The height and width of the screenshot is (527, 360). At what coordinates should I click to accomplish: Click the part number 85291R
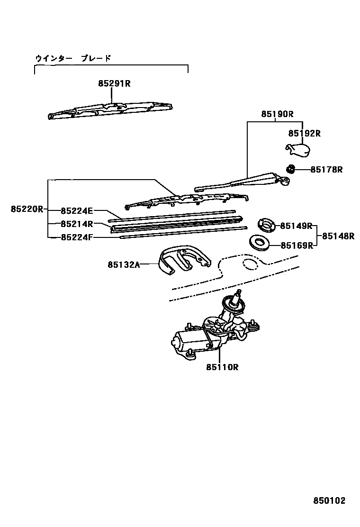tap(114, 83)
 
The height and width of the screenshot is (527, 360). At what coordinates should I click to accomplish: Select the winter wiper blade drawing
tap(111, 109)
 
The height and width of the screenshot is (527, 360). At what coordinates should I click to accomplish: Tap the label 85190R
tap(278, 114)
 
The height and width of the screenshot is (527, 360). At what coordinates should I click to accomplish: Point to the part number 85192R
tap(305, 134)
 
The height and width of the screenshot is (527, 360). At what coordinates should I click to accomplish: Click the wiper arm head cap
tap(297, 150)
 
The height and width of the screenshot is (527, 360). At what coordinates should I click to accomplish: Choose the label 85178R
tap(326, 169)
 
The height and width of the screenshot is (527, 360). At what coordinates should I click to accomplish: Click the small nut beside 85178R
tap(291, 168)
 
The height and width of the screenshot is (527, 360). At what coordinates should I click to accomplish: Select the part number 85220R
tap(27, 209)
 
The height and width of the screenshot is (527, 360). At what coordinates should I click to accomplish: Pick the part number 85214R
tap(77, 224)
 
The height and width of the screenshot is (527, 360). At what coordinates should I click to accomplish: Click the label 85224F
tap(77, 237)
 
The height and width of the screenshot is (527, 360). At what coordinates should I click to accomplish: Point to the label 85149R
tap(296, 226)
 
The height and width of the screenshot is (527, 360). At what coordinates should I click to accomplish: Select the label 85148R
tap(338, 236)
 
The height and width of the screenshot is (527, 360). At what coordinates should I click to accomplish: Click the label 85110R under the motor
tap(221, 367)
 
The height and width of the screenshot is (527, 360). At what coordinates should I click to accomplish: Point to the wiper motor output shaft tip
tap(239, 291)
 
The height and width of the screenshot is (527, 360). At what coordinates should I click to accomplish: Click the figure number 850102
tap(329, 500)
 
